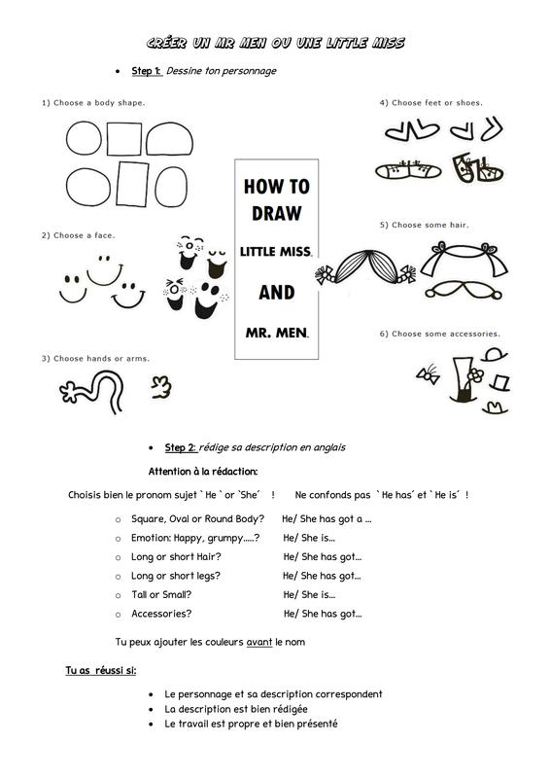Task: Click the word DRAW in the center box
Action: point(276,213)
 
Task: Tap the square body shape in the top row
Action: point(124,139)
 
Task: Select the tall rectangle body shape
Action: point(132,184)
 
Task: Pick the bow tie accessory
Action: point(429,374)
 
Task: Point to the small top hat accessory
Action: point(499,383)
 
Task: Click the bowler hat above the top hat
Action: point(495,355)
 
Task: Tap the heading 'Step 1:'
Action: point(147,71)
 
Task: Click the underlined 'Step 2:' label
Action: point(181,447)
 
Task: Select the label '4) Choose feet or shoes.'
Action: point(431,103)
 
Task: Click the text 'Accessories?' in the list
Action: point(161,614)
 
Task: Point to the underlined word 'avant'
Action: point(259,642)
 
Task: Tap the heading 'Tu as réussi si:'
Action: point(101,670)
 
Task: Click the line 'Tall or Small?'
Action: point(161,594)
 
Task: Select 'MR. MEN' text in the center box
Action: point(277,333)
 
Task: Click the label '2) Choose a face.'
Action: point(78,235)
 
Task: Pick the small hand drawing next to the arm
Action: point(161,387)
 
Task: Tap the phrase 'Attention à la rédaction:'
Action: point(203,472)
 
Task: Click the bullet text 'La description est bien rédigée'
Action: point(236,709)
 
